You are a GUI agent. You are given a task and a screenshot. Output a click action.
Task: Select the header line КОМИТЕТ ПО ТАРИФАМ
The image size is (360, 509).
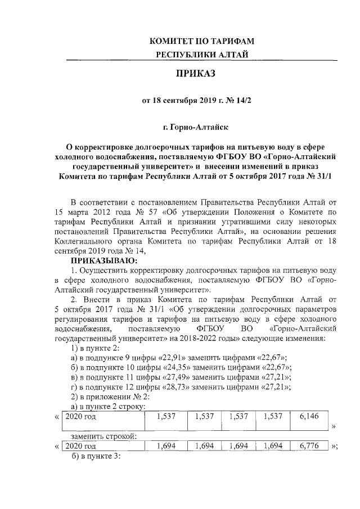point(201,41)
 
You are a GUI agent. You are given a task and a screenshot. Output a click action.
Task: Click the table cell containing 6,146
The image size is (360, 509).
point(309,417)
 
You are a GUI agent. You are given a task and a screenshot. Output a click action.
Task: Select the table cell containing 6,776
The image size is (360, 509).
point(309,446)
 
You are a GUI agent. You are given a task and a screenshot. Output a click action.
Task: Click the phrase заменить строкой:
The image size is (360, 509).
point(105,436)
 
